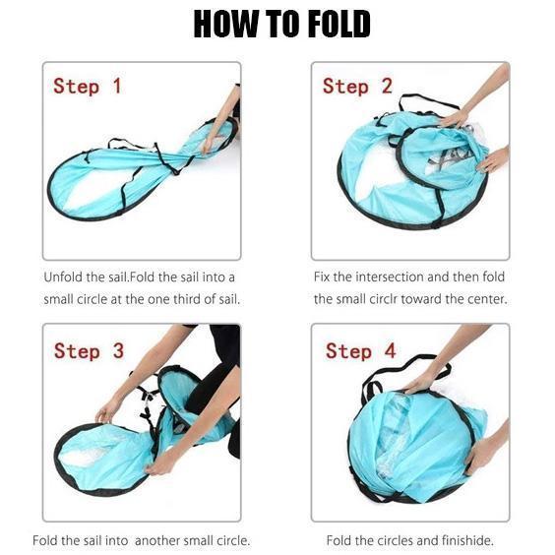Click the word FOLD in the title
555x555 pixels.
point(339,24)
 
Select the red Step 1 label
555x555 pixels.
point(87,86)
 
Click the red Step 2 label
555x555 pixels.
point(357,86)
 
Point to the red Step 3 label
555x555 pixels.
point(89,350)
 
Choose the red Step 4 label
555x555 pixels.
point(361,350)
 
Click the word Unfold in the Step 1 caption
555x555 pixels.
point(64,277)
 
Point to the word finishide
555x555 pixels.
point(467,540)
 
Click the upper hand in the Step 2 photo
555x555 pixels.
point(454,118)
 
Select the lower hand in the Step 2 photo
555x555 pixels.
point(493,160)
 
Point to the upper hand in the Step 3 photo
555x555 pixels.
point(107,412)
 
